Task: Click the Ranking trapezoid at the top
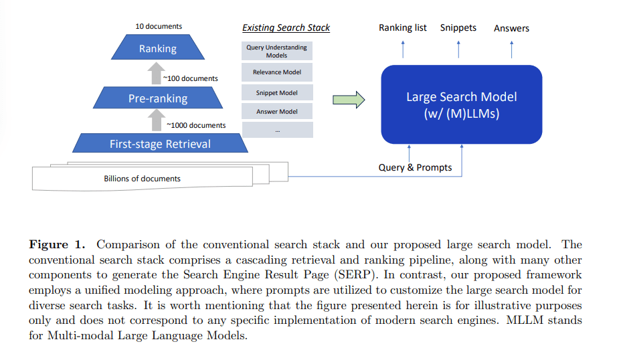158,48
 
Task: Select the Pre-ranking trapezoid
158,98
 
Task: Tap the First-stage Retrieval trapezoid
160,143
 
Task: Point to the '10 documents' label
159,26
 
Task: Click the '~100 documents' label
191,78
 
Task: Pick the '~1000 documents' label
196,125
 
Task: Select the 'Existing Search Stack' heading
286,28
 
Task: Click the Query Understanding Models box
276,52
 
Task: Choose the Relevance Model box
276,72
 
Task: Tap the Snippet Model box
276,93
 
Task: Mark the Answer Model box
276,112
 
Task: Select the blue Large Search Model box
461,104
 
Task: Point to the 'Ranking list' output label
402,28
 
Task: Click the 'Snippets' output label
458,28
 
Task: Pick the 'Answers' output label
511,28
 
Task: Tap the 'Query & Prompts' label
415,167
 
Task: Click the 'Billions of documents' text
142,179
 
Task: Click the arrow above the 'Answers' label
511,49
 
